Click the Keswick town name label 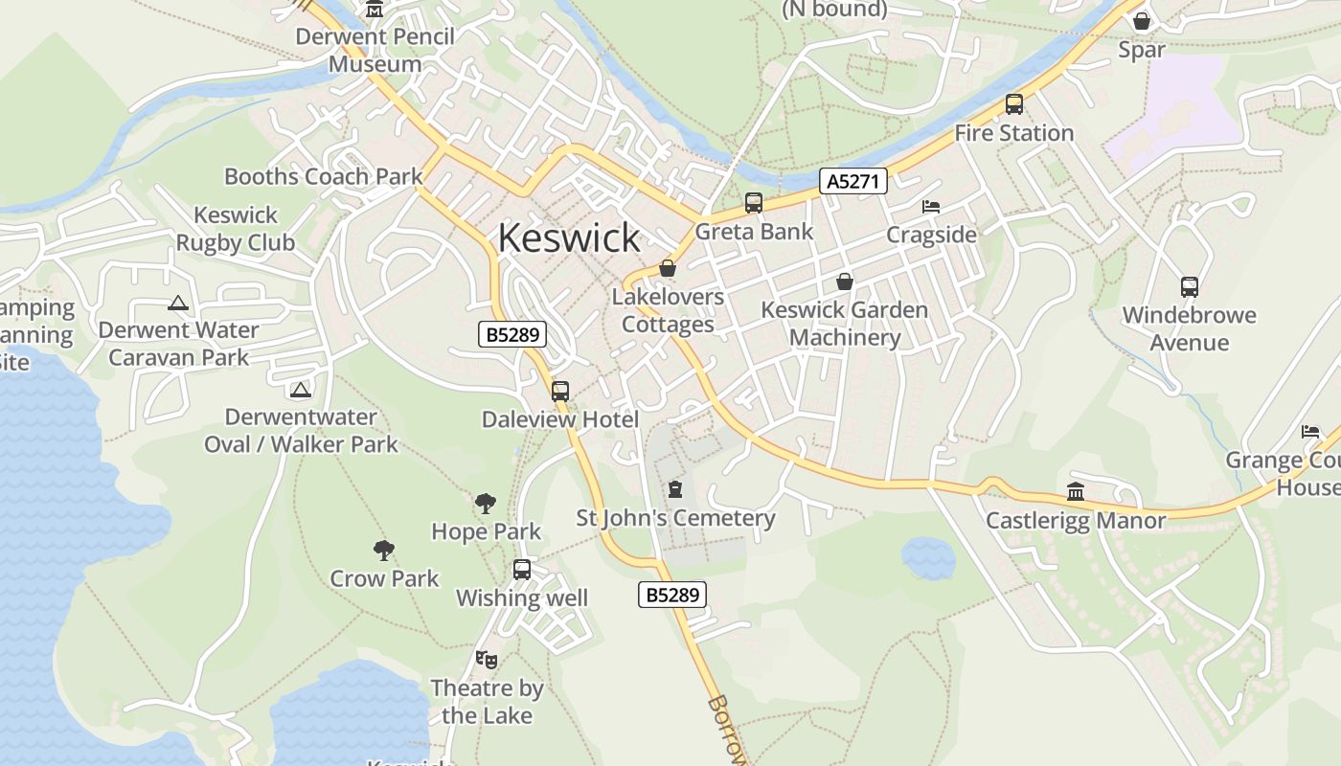point(569,238)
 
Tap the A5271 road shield point(853,181)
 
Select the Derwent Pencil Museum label point(375,50)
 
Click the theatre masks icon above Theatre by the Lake point(487,659)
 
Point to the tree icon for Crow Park point(384,550)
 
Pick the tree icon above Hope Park point(486,503)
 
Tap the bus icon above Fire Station point(1014,104)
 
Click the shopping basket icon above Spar point(1142,21)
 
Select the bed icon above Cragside point(931,206)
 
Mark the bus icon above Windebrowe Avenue point(1190,286)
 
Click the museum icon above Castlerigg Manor point(1076,492)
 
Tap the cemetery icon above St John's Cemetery point(675,489)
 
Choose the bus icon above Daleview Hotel point(560,391)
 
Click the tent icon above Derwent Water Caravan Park point(177,304)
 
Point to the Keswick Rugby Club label point(236,229)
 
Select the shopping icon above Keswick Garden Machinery point(845,282)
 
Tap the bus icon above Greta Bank point(754,203)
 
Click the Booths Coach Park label point(323,176)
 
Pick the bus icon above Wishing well point(522,570)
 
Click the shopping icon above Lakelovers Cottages point(668,268)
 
